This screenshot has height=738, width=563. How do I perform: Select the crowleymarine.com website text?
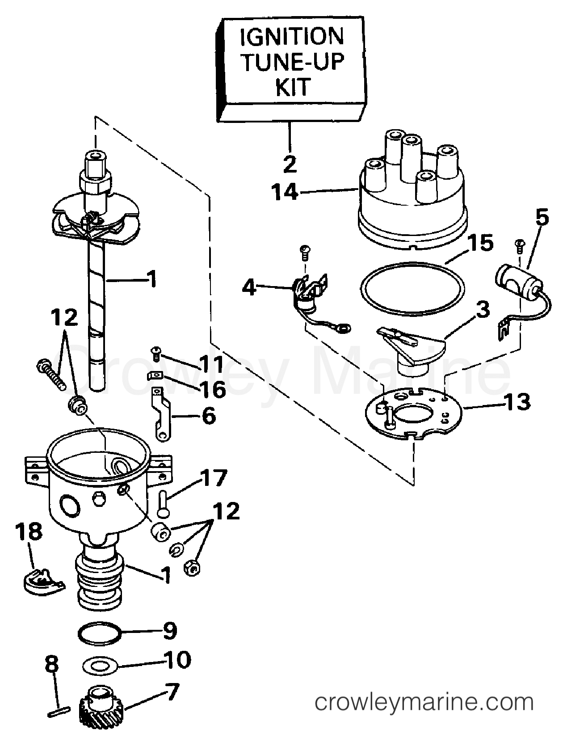424,703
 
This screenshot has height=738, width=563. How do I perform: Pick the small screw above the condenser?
520,244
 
